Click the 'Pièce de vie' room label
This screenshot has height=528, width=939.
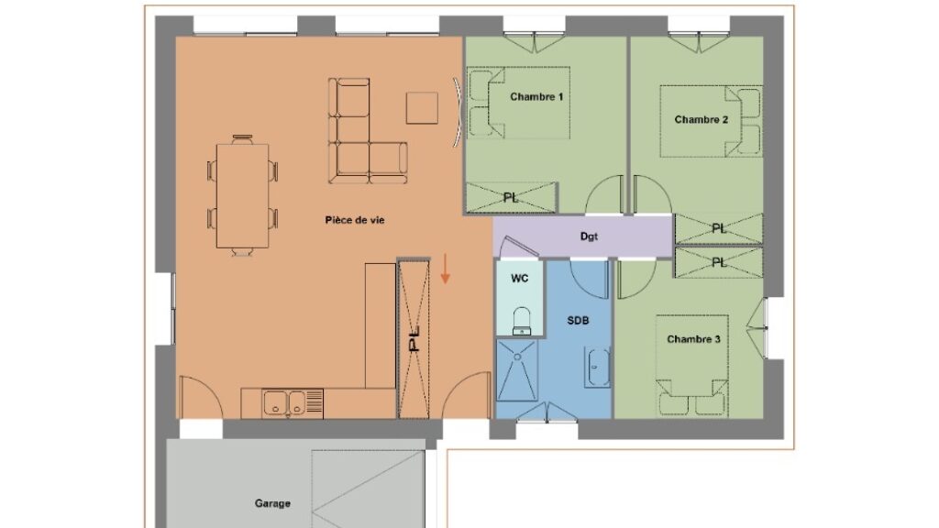click(x=355, y=220)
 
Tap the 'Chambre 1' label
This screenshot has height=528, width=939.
click(x=536, y=96)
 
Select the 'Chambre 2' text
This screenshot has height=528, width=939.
click(x=701, y=120)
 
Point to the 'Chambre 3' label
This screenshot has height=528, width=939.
click(x=693, y=339)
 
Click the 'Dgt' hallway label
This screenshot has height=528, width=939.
click(x=589, y=236)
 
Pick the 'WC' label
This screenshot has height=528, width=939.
click(x=519, y=279)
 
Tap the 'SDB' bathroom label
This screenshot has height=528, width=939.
click(x=578, y=321)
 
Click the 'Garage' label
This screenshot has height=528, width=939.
click(x=272, y=503)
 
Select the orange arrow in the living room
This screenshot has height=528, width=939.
click(x=445, y=269)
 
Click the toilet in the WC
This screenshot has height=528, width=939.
click(x=522, y=321)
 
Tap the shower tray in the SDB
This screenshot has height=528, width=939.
click(x=517, y=370)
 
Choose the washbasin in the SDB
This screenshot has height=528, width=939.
click(x=598, y=367)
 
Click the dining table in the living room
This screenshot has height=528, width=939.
click(x=242, y=196)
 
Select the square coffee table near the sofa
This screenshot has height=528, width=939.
click(x=422, y=108)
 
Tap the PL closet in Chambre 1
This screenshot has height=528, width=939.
click(x=512, y=198)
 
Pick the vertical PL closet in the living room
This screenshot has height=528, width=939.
click(x=414, y=339)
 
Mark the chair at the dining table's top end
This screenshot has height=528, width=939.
click(x=242, y=139)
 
